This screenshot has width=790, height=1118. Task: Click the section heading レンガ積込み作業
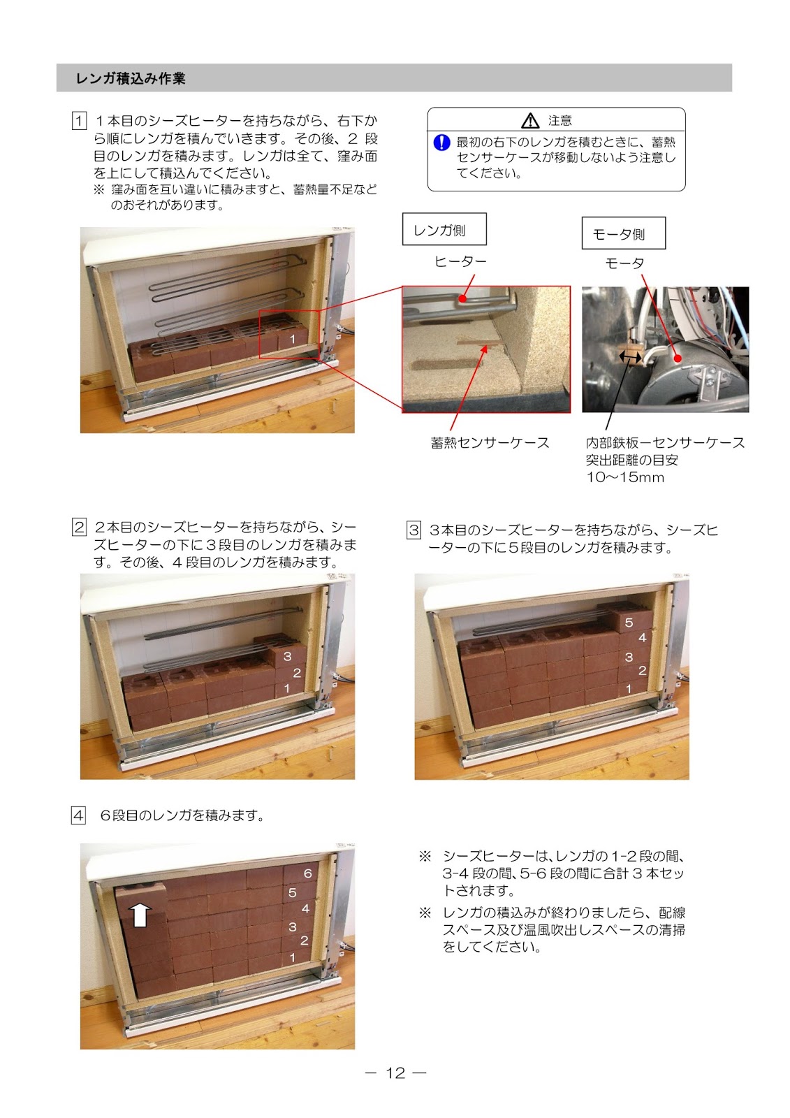(130, 78)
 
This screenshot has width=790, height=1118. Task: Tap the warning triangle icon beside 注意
(530, 121)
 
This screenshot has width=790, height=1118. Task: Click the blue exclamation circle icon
(441, 143)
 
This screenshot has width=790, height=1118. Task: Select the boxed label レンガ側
(444, 229)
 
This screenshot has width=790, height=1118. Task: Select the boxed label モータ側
(623, 233)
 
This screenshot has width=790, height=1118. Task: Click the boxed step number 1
(79, 121)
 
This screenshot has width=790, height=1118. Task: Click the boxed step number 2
(79, 527)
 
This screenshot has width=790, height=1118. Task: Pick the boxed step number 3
(414, 530)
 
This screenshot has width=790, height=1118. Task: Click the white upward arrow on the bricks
(140, 915)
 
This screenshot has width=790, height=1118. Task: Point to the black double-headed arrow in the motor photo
(630, 356)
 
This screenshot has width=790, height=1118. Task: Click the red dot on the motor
(678, 358)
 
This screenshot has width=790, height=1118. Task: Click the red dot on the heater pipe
(462, 298)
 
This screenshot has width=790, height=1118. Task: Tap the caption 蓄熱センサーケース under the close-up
(490, 443)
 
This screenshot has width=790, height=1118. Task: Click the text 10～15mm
(625, 477)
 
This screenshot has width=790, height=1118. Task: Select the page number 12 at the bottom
(395, 1073)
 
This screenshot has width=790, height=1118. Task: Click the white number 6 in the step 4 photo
(308, 873)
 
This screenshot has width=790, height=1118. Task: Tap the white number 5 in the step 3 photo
(629, 623)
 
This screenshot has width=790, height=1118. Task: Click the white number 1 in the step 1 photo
(293, 339)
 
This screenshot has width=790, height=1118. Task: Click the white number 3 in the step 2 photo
(288, 656)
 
